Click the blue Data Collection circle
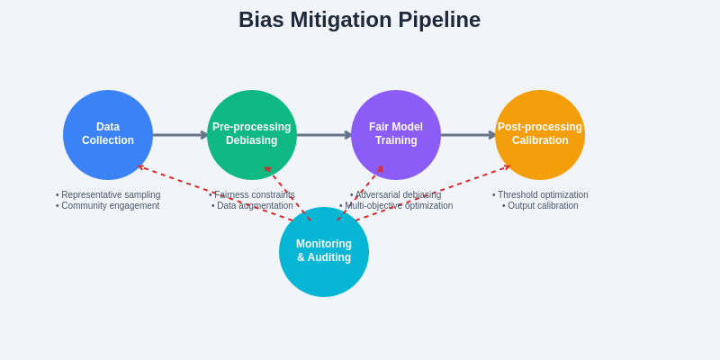click(108, 135)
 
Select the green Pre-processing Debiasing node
click(252, 135)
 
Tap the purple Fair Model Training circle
click(396, 135)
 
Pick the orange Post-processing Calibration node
click(540, 135)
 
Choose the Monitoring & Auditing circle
click(324, 252)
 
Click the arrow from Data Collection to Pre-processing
click(180, 135)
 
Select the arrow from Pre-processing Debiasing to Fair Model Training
click(324, 135)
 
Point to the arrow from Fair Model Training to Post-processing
click(468, 135)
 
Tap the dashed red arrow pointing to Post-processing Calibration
click(468, 180)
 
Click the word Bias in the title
click(261, 20)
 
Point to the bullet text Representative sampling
click(111, 194)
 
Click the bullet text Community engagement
click(110, 205)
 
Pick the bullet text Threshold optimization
click(543, 194)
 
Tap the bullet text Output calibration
click(543, 205)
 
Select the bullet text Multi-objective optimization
click(399, 205)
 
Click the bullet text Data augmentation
click(255, 205)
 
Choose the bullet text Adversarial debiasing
click(398, 194)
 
